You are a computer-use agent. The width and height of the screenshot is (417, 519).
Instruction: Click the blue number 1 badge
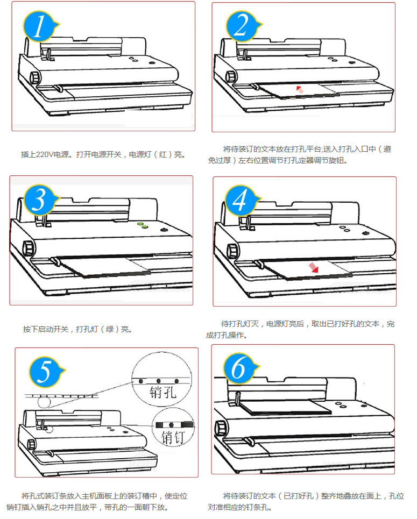(39, 27)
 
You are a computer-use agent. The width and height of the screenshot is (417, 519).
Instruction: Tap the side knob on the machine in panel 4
(233, 251)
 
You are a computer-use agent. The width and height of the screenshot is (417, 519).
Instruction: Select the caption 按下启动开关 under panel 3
(46, 329)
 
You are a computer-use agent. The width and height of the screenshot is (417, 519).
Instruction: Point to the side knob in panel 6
(220, 427)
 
